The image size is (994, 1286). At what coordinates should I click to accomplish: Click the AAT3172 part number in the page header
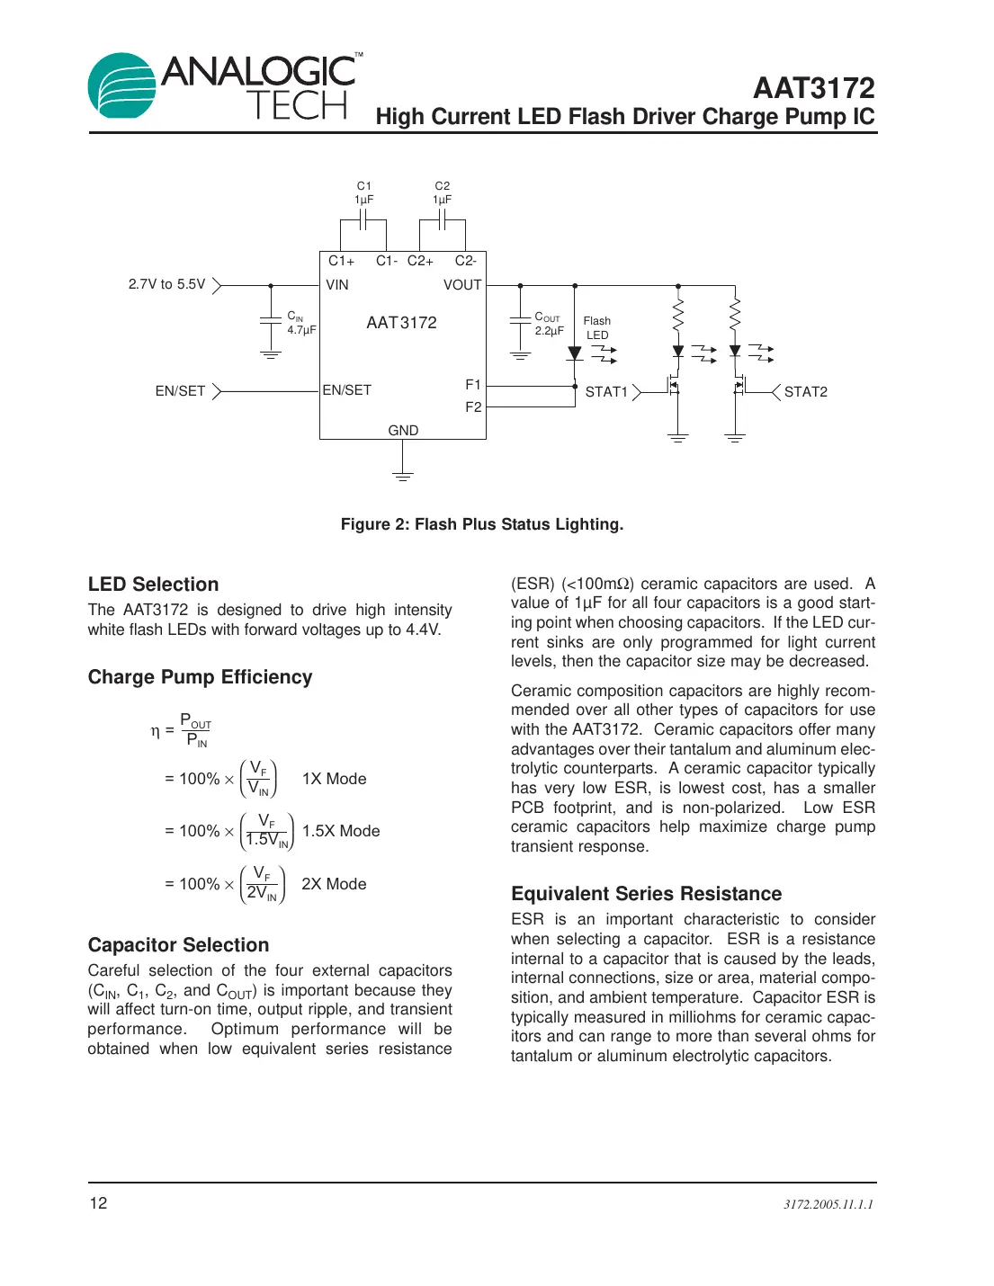tap(813, 88)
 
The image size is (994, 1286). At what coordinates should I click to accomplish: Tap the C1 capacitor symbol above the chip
tap(363, 219)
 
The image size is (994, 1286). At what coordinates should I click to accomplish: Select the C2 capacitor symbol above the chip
tap(442, 219)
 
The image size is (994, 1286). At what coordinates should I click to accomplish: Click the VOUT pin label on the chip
tap(462, 285)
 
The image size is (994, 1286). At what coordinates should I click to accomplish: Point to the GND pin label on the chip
tap(403, 431)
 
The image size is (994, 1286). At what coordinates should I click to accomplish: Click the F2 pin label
tap(473, 407)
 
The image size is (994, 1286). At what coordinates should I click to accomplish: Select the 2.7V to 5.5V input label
tap(166, 284)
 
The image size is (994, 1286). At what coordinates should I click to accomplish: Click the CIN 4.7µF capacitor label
tap(301, 324)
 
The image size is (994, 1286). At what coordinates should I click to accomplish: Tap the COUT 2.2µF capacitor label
tap(548, 324)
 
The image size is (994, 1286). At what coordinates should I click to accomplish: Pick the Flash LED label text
tap(596, 328)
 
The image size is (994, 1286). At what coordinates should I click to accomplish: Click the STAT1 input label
tap(606, 392)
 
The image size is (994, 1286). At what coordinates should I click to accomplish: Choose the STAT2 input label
tap(805, 392)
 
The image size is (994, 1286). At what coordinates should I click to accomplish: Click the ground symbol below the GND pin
tap(403, 475)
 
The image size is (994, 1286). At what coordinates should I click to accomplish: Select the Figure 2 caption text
tap(481, 524)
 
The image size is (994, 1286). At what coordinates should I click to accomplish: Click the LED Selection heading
tap(153, 585)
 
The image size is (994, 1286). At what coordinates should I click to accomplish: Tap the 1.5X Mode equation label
tap(341, 831)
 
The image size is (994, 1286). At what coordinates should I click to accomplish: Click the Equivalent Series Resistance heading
tap(646, 894)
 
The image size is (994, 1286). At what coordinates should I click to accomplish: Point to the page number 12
tap(98, 1203)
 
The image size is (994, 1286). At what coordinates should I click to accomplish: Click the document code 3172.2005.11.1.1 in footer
tap(828, 1204)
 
